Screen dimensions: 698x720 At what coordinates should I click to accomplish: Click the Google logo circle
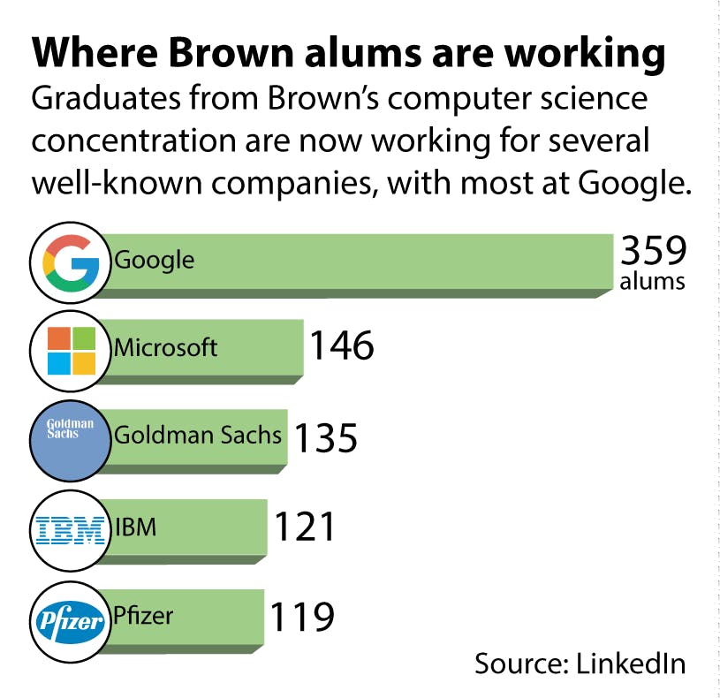pyautogui.click(x=71, y=262)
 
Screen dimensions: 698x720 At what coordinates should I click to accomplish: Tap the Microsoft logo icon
pyautogui.click(x=71, y=351)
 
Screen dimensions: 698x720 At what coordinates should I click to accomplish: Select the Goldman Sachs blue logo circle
pyautogui.click(x=71, y=439)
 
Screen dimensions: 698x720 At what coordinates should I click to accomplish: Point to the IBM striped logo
pyautogui.click(x=71, y=529)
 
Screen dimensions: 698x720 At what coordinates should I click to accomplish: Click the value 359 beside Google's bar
pyautogui.click(x=653, y=251)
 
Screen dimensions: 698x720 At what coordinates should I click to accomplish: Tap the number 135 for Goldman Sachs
pyautogui.click(x=325, y=437)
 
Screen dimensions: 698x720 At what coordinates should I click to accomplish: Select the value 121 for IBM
pyautogui.click(x=305, y=527)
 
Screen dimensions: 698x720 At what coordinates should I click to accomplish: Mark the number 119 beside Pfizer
pyautogui.click(x=301, y=617)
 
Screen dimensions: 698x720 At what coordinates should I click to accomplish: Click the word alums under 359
pyautogui.click(x=652, y=282)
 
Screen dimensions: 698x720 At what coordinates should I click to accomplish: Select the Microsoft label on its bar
pyautogui.click(x=165, y=347)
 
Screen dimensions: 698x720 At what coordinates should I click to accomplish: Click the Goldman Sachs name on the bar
pyautogui.click(x=198, y=436)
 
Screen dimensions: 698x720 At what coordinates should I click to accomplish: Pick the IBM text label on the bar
pyautogui.click(x=135, y=528)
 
